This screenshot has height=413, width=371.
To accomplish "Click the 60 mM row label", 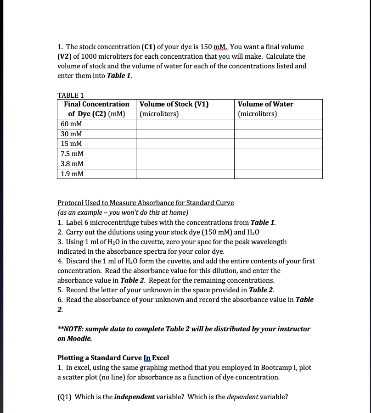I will tap(71, 124).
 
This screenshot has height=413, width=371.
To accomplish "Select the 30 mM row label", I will tap(71, 134).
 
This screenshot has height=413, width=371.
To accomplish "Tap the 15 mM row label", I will tap(71, 144).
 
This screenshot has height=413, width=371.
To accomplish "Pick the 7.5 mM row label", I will tap(72, 154).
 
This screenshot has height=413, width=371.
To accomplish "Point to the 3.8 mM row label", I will tap(72, 164).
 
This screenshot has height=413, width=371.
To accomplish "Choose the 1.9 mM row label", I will tap(72, 174).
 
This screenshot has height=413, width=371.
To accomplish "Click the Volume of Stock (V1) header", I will tap(174, 104).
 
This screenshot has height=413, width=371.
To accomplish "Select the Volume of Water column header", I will tap(265, 104).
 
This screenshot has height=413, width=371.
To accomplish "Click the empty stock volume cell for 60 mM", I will tap(185, 124).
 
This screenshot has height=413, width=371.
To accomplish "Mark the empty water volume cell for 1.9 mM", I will tap(278, 174).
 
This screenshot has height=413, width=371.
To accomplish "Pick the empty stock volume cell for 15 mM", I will tap(185, 144).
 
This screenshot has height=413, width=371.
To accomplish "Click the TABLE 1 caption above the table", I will tap(71, 95).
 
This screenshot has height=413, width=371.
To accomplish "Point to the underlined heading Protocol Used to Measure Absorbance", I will tap(146, 203).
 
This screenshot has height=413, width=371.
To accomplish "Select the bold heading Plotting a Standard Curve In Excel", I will tap(113, 357).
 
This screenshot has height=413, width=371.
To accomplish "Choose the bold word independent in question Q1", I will tap(134, 397).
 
